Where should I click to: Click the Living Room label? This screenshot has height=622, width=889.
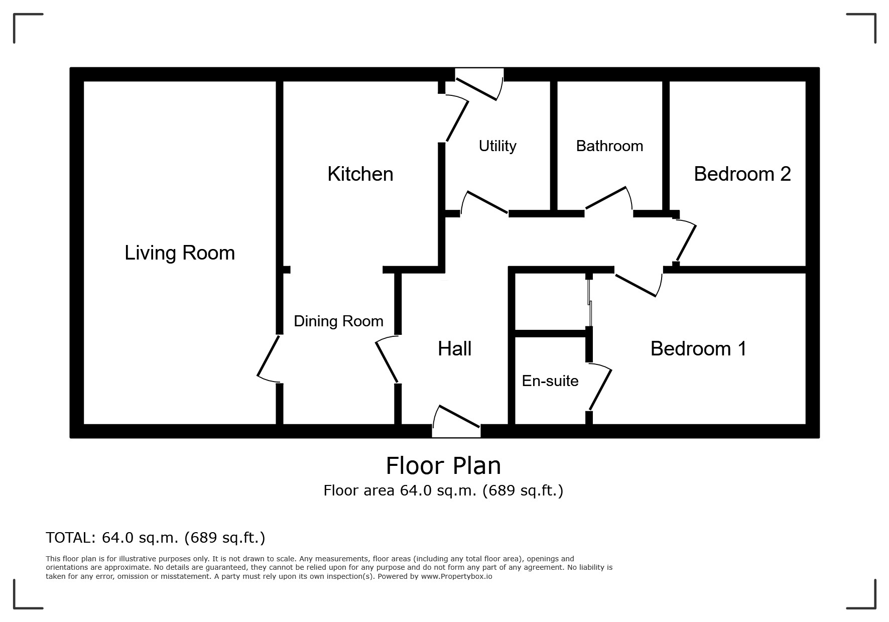pyautogui.click(x=180, y=253)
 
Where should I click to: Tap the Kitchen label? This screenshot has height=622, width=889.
pyautogui.click(x=360, y=174)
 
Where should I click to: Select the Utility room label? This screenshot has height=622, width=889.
pyautogui.click(x=497, y=146)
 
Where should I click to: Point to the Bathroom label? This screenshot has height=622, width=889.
pyautogui.click(x=609, y=146)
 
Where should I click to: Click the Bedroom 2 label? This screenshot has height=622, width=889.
pyautogui.click(x=742, y=174)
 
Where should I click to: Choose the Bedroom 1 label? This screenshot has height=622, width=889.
pyautogui.click(x=698, y=348)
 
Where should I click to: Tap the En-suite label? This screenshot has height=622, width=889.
pyautogui.click(x=550, y=381)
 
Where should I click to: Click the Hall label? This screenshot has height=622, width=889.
pyautogui.click(x=454, y=348)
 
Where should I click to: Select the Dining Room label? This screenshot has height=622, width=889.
pyautogui.click(x=338, y=321)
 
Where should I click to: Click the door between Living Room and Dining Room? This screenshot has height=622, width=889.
pyautogui.click(x=269, y=357)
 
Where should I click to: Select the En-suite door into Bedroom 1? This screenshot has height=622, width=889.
pyautogui.click(x=600, y=389)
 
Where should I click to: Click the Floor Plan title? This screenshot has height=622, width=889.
pyautogui.click(x=443, y=466)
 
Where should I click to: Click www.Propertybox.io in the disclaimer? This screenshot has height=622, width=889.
pyautogui.click(x=456, y=576)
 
